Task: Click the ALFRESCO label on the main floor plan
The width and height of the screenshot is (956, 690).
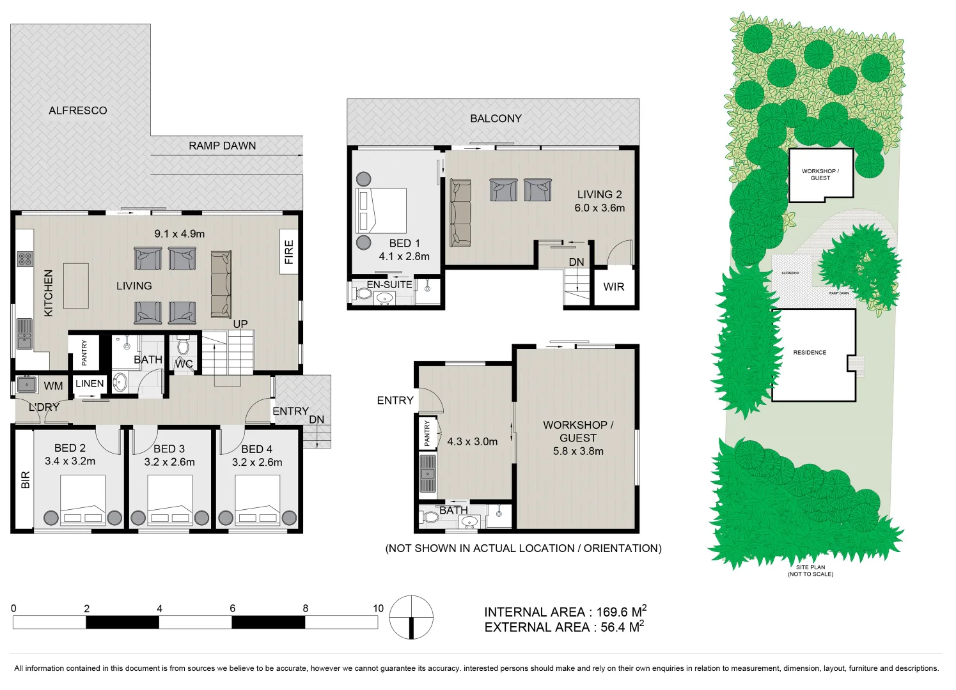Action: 77,111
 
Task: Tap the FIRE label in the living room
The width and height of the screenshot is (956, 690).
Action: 289,252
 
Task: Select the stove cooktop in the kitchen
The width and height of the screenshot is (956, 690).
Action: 25,259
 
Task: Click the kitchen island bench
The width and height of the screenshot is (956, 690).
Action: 76,286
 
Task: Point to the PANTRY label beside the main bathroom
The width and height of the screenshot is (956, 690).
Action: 84,353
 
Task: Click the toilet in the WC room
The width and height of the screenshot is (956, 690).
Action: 184,347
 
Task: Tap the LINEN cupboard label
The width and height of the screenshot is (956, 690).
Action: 90,383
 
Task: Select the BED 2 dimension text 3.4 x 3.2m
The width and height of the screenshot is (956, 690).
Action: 70,461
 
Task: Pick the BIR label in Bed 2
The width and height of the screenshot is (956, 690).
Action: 26,480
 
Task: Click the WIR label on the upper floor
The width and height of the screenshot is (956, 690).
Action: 613,287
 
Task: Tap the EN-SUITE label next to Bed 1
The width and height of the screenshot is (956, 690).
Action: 389,284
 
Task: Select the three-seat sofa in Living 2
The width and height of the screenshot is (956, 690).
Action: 460,213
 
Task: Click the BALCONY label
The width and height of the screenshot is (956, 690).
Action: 496,118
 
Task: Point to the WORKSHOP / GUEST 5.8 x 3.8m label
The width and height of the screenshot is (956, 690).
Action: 577,438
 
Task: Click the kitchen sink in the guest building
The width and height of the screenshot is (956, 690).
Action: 427,473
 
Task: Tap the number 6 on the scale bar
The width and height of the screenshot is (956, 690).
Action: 232,608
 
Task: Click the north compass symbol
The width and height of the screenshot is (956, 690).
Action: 411,617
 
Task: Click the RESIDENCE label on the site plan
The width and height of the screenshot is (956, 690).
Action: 810,353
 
